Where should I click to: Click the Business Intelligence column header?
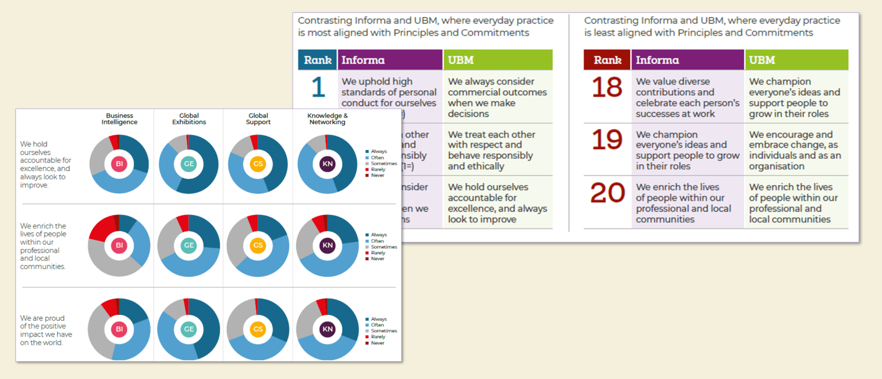[119, 119]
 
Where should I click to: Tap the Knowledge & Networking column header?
[327, 119]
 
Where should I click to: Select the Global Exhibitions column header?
[189, 119]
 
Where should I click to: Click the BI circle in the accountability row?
[119, 164]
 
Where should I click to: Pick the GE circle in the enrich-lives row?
[189, 245]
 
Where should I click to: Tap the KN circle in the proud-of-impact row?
[327, 329]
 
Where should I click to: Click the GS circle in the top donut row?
[258, 164]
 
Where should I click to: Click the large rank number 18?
[607, 87]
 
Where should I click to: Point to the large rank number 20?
[607, 193]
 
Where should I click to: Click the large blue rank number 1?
[318, 87]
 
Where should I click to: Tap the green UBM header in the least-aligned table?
[796, 60]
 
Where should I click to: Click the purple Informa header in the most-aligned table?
[390, 60]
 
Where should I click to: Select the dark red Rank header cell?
[607, 60]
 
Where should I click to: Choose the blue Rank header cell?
[317, 60]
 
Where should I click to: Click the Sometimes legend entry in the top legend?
[383, 164]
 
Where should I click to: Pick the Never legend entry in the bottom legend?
[377, 343]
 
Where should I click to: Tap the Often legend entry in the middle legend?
[377, 241]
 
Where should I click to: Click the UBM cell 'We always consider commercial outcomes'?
[497, 97]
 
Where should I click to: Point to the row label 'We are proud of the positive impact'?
[46, 330]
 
